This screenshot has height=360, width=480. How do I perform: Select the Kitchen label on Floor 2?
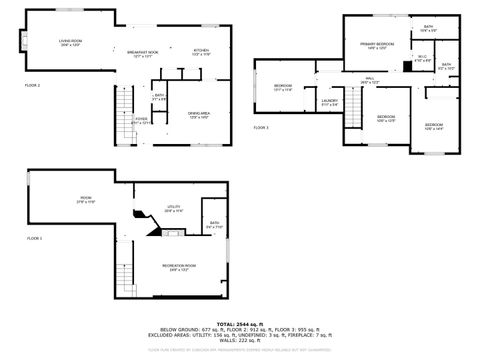coord(200,51)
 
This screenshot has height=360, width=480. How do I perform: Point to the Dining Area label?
coord(199,115)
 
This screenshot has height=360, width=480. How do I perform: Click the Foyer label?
coord(143,120)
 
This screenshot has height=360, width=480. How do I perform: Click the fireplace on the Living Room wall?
coord(21,42)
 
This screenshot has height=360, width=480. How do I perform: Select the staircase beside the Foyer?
coord(124,102)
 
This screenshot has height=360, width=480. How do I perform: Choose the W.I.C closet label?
coord(423,58)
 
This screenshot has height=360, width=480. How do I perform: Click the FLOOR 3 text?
coord(261,128)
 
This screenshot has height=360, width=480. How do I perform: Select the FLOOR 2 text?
coord(33,86)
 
